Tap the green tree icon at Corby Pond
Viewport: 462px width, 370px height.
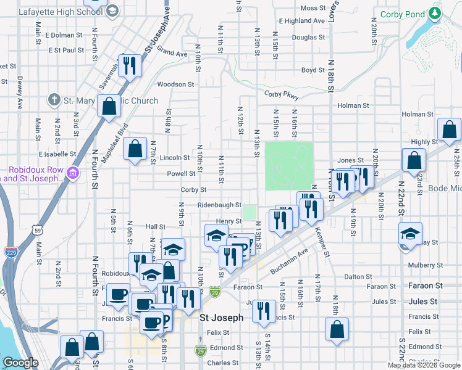pyautogui.click(x=436, y=13)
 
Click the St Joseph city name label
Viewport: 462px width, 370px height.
pyautogui.click(x=221, y=318)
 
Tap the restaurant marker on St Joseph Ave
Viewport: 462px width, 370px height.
pyautogui.click(x=130, y=64)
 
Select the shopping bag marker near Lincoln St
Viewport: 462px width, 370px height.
pyautogui.click(x=135, y=149)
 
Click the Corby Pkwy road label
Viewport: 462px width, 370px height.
pyautogui.click(x=281, y=96)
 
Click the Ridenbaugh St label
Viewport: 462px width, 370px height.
pyautogui.click(x=219, y=205)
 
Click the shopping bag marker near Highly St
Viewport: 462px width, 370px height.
pyautogui.click(x=449, y=130)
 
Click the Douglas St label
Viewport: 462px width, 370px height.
pyautogui.click(x=304, y=37)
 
